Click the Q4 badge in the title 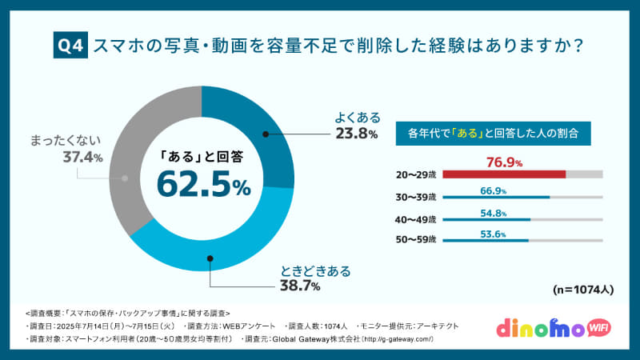point(70,47)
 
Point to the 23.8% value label point(350,134)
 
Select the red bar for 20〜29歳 point(504,174)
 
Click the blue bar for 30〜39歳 point(496,197)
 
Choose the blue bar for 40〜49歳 point(486,218)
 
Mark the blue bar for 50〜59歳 point(485,240)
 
